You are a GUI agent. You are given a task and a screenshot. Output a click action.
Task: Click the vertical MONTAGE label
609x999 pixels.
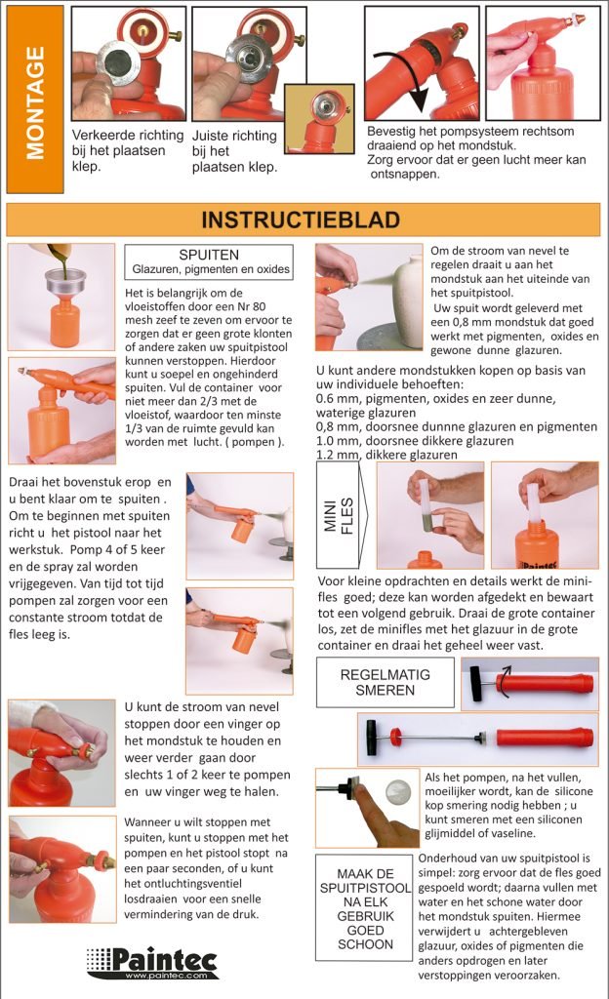coord(35,101)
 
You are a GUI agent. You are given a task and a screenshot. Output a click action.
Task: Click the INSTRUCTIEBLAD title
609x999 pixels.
coord(301,220)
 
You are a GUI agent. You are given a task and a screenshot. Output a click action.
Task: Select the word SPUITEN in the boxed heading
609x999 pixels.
coord(209,255)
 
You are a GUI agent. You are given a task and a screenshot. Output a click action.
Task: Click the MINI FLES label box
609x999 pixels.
coord(339,515)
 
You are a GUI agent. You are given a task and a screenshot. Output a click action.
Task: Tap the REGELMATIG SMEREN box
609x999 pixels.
coord(385,682)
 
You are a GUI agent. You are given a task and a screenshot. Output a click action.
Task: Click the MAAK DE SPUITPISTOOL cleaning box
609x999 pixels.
coord(365,908)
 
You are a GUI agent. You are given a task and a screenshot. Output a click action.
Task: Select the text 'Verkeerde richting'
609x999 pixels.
coord(128,135)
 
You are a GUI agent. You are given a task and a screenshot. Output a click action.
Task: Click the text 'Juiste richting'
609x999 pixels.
coord(234,136)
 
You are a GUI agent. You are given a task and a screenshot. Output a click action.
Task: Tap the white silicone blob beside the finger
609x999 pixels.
coord(400,790)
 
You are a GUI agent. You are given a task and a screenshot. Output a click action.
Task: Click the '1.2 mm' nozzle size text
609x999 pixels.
coord(338,455)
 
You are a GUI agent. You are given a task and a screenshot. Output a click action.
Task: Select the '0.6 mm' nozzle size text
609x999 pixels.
coord(338,399)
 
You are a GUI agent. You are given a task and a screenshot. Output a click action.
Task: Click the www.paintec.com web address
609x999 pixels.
coord(166,976)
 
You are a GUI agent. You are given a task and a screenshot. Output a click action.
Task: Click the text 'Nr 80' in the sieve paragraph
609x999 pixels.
coord(252,306)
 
